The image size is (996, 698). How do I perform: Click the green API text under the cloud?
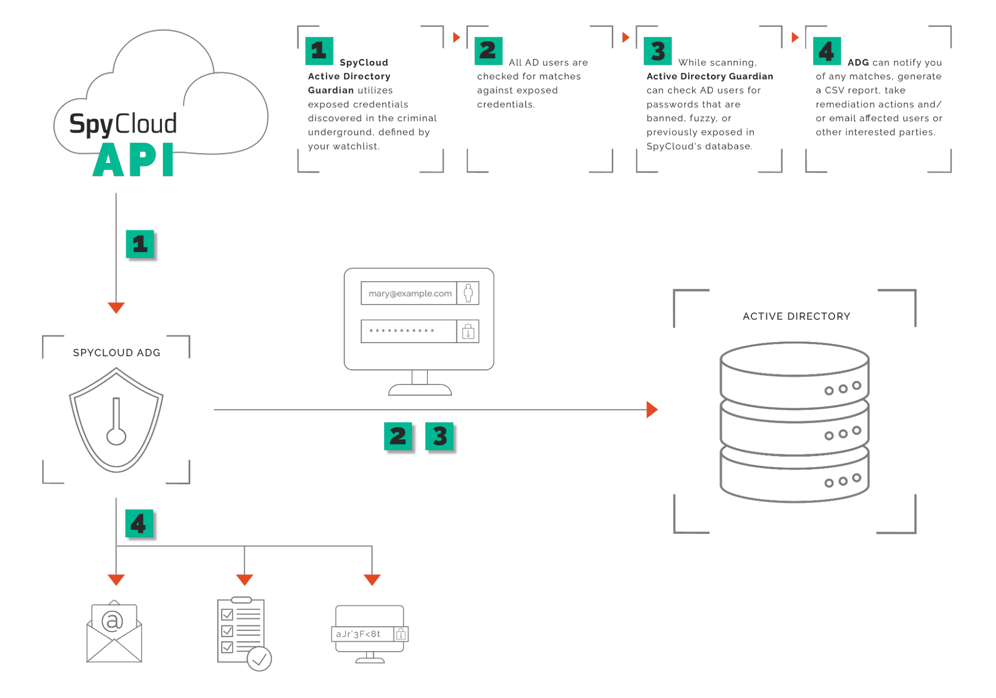click(134, 160)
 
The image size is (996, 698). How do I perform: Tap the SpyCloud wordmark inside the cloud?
click(123, 124)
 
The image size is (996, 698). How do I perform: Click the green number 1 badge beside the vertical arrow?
click(140, 244)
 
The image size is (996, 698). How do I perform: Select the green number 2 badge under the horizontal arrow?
click(398, 436)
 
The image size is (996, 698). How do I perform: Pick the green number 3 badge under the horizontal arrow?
click(439, 436)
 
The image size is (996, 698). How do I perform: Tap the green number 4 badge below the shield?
click(139, 523)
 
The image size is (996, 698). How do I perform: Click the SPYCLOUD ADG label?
click(117, 353)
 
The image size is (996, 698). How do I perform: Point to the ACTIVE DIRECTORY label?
click(796, 317)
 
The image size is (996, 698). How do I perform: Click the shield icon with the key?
click(116, 420)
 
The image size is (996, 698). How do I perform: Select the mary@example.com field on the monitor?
click(410, 294)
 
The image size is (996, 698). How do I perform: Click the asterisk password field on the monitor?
click(409, 332)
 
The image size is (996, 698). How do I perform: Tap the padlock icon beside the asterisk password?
click(468, 332)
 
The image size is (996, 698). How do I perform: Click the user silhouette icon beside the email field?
click(468, 293)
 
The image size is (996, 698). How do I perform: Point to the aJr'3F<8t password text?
click(358, 634)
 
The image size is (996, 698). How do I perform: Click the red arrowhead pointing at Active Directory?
click(652, 409)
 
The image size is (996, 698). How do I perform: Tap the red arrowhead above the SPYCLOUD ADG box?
click(116, 307)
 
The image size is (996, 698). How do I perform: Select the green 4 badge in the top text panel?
click(827, 51)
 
